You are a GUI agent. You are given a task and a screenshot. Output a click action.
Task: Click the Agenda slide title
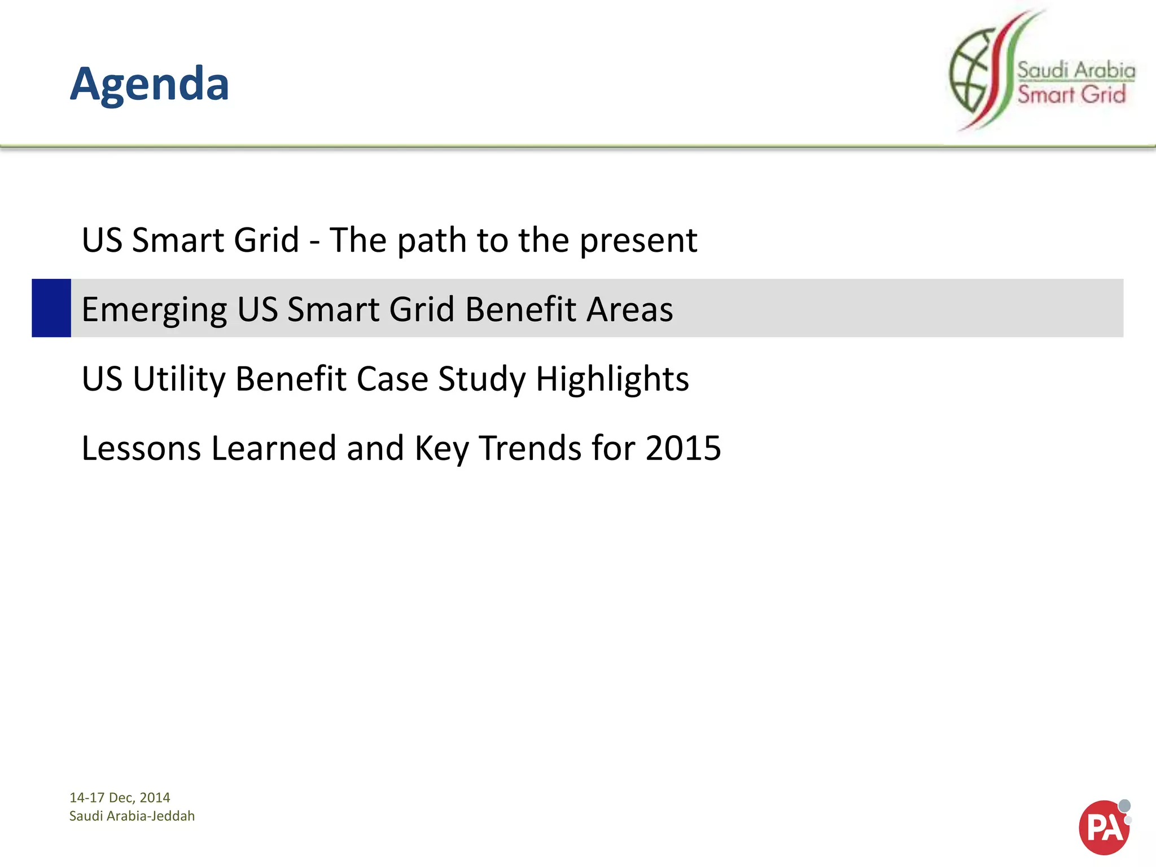coord(150,84)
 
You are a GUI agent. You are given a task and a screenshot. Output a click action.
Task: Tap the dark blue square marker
coord(51,308)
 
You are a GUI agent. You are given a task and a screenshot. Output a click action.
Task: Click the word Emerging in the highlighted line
coord(154,310)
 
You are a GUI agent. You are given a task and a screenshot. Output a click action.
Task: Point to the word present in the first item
coord(638,241)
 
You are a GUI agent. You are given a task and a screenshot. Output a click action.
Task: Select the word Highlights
coord(612,379)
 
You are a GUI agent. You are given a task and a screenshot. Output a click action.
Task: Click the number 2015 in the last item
coord(683,448)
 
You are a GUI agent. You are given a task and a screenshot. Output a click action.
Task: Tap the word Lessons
coord(141,448)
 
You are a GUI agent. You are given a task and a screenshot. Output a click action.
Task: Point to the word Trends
coord(530,448)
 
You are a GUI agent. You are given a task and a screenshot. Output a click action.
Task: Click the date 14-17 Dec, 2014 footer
coord(120,798)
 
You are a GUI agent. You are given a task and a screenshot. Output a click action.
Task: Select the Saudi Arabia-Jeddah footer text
coord(132,816)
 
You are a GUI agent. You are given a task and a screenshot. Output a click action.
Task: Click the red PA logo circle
coord(1102,828)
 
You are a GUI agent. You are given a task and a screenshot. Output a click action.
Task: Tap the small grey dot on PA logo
coord(1124,805)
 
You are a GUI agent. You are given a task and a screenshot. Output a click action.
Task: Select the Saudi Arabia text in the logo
coord(1076,71)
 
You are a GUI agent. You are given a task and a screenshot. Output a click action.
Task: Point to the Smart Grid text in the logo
coord(1071,94)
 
